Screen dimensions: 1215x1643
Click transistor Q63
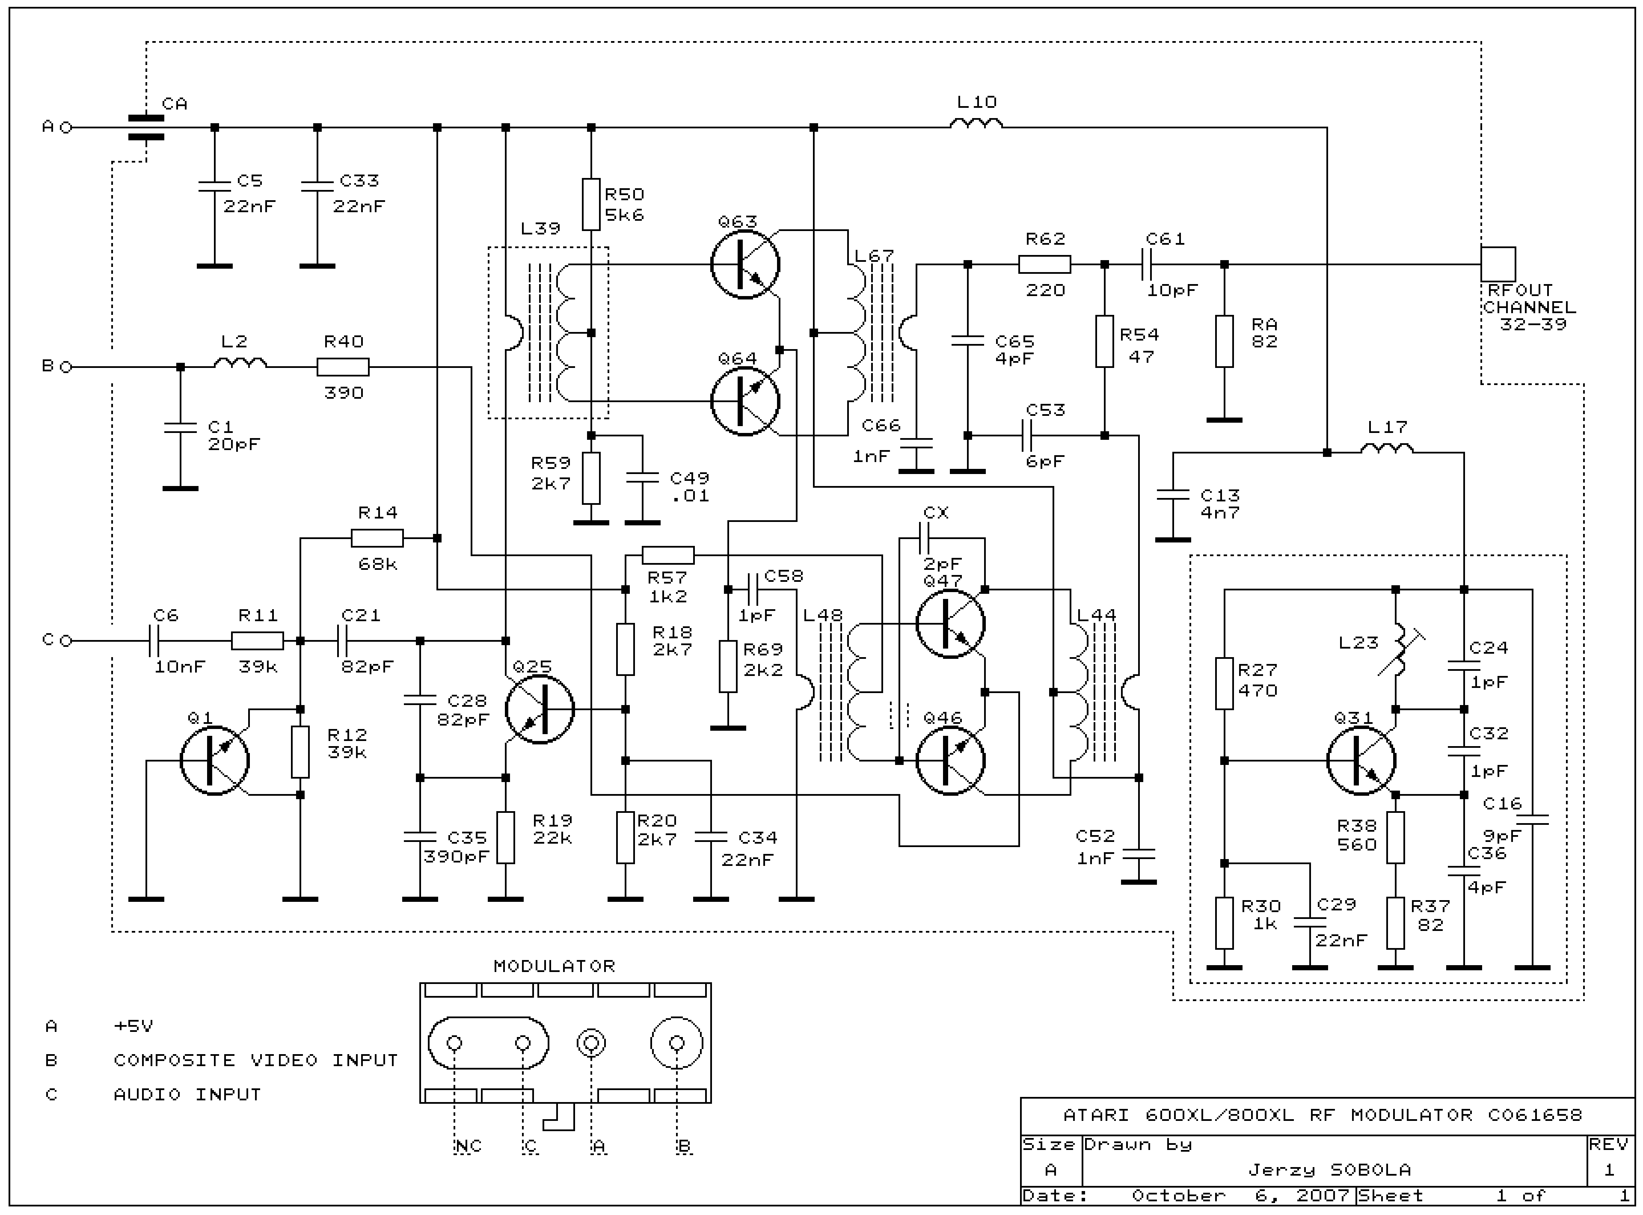[744, 264]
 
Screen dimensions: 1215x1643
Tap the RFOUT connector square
[1498, 264]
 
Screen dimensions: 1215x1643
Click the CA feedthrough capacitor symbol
[145, 127]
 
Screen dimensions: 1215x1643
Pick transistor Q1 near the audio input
[214, 761]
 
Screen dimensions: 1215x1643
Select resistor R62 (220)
[1044, 264]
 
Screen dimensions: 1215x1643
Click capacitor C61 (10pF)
[1146, 264]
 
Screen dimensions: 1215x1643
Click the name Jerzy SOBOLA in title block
[1330, 1169]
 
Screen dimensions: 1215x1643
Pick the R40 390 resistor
[343, 366]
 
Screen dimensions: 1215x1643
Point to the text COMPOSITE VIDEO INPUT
[255, 1060]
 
